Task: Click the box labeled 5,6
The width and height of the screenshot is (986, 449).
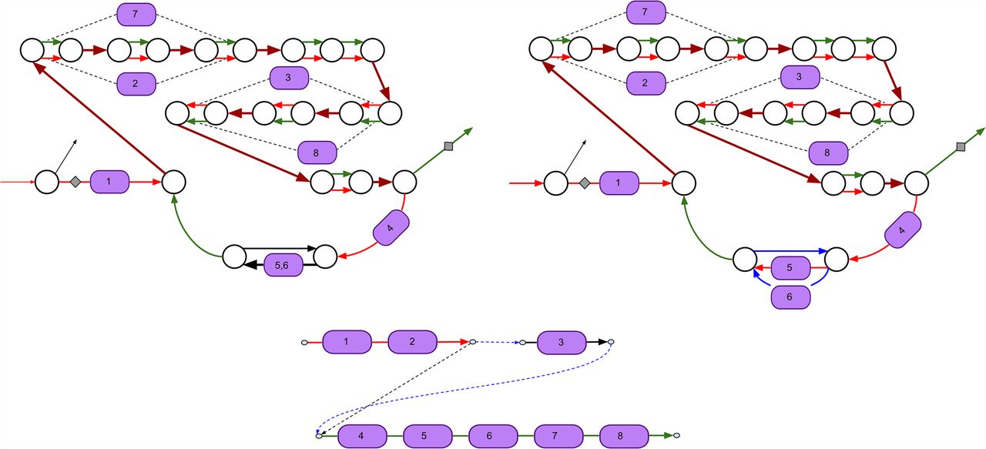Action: pos(283,266)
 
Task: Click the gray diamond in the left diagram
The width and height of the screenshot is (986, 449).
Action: pos(75,183)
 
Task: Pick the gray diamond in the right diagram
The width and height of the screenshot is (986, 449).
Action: pos(585,183)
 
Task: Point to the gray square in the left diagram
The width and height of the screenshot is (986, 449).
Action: pos(449,146)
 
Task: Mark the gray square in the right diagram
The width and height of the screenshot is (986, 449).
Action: pos(960,146)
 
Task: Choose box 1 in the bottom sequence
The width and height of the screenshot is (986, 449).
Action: pos(347,341)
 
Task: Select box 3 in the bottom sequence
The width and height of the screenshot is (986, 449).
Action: pos(562,341)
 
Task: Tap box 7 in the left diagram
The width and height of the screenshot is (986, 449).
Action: pos(136,13)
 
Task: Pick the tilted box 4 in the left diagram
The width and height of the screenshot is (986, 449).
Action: pos(391,229)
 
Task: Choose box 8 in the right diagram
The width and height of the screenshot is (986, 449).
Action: pos(828,152)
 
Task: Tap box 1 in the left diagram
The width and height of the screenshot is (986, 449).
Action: pos(109,183)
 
